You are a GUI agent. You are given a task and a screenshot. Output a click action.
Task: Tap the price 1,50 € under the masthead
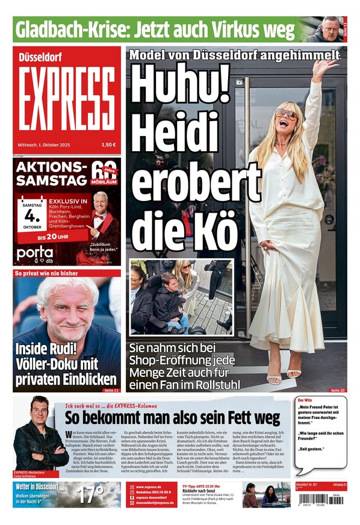tap(108, 144)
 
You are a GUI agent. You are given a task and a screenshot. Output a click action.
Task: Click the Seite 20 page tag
tap(338, 391)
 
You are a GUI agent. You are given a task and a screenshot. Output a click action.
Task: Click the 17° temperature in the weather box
tap(91, 494)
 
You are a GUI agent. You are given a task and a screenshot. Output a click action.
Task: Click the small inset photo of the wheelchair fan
tap(180, 297)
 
